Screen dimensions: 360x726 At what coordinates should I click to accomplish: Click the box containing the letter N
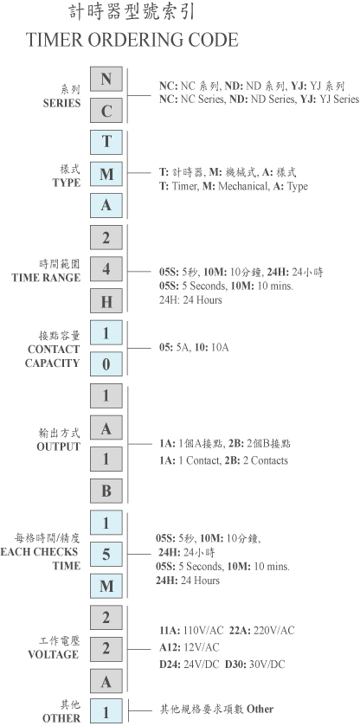106,79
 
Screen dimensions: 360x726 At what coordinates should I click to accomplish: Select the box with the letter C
106,111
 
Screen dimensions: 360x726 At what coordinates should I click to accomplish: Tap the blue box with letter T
106,142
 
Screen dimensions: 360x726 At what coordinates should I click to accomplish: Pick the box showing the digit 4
106,269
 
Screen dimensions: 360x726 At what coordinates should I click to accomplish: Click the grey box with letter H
106,300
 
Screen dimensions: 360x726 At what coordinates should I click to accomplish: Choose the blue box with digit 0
106,364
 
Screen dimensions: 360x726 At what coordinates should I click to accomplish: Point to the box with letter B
106,491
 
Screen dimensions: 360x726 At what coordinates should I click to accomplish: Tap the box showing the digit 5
106,554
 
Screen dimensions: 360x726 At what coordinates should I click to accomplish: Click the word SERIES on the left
61,103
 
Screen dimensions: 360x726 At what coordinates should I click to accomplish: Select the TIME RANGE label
46,278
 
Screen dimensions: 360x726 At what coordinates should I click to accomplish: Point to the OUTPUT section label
58,447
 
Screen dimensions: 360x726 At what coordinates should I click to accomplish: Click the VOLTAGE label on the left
54,655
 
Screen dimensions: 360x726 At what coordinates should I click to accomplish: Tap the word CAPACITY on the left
52,363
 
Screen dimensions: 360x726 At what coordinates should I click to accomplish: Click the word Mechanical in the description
243,187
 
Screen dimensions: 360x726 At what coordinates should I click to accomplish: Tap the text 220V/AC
273,630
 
